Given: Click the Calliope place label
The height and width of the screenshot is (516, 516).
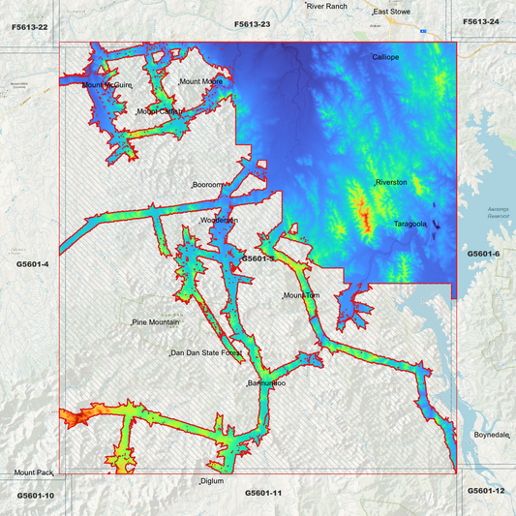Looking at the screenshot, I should click(386, 57).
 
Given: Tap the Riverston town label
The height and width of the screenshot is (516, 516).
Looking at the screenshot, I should click(391, 182).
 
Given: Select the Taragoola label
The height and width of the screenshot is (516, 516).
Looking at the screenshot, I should click(411, 224).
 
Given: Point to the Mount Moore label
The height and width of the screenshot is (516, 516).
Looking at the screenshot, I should click(201, 81).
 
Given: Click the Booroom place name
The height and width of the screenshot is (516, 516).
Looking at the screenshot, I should click(208, 184).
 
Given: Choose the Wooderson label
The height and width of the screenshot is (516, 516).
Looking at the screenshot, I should click(219, 221).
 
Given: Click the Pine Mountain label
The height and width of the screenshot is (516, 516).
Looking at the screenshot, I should click(156, 321).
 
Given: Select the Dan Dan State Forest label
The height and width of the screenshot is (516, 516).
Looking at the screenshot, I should click(206, 353).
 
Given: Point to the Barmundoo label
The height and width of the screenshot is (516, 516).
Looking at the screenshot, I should click(266, 384).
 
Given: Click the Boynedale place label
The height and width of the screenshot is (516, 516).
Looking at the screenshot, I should click(491, 436).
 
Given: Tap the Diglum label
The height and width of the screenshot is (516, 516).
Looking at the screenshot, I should click(212, 481).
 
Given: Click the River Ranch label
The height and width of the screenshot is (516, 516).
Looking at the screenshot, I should click(327, 6).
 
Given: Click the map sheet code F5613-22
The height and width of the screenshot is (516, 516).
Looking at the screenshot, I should click(30, 27).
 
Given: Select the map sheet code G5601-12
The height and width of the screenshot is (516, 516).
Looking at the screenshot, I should click(486, 491).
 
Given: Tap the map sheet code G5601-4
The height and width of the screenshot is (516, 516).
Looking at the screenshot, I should click(33, 263).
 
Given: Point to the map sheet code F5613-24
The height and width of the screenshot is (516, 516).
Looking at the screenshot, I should click(481, 21).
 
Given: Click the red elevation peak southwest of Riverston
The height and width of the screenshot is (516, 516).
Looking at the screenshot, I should click(364, 212).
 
